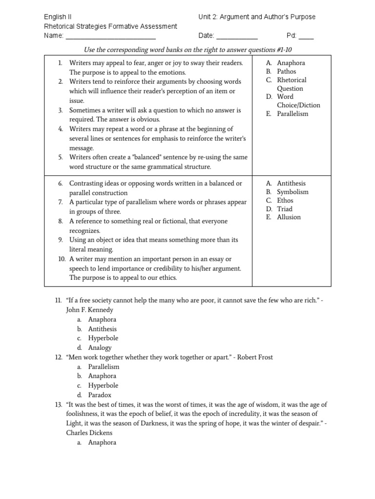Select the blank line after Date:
click(x=236, y=37)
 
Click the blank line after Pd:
click(x=306, y=37)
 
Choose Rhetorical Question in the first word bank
click(x=291, y=84)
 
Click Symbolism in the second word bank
click(x=292, y=192)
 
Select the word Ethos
click(x=286, y=200)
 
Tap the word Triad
click(x=285, y=209)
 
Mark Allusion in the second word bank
click(x=289, y=217)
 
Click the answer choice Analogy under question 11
click(x=100, y=348)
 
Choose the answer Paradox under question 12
click(x=100, y=395)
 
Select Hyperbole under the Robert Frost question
click(x=103, y=385)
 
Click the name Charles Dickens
click(x=89, y=433)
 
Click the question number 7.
click(x=60, y=202)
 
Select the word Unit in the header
click(x=205, y=17)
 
